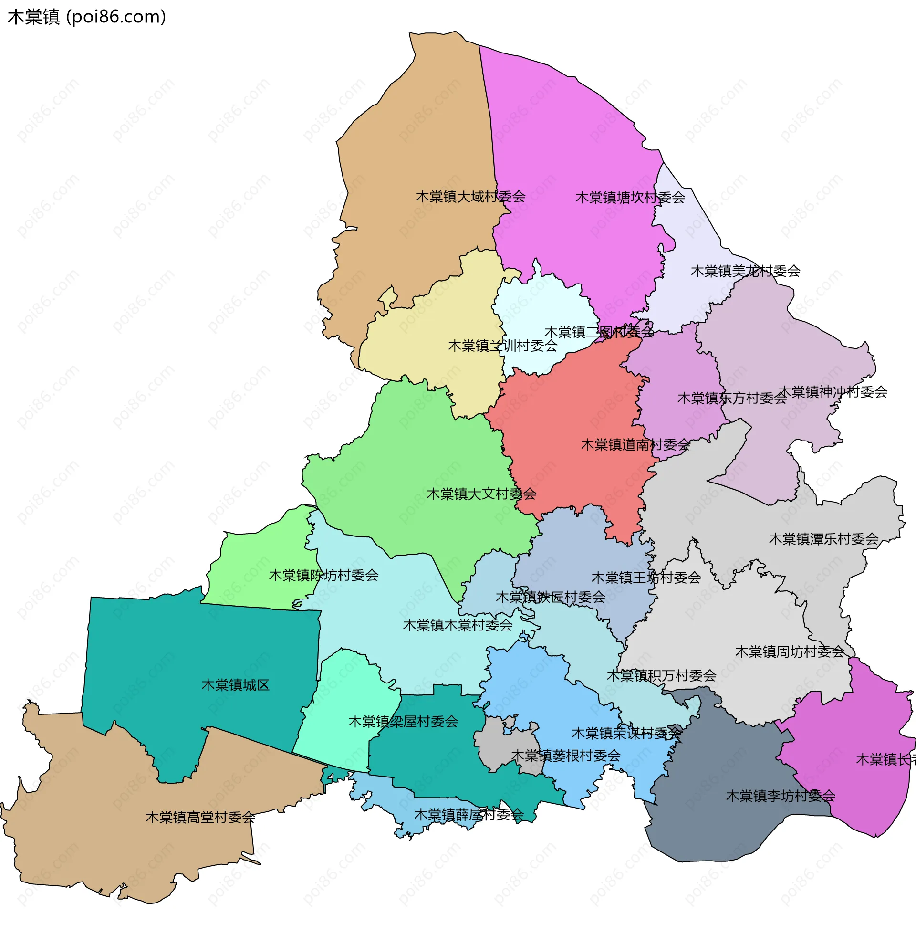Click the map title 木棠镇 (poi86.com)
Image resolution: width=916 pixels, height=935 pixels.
coord(87,17)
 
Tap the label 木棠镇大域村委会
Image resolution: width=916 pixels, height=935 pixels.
coord(470,196)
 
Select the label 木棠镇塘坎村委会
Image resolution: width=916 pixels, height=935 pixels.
coord(630,197)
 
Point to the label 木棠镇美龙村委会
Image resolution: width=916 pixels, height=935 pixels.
coord(745,271)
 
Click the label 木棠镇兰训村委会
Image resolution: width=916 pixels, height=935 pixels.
coord(502,346)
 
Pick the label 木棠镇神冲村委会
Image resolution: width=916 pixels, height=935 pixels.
coord(833,392)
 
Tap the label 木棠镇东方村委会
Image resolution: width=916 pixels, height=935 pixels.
coord(732,398)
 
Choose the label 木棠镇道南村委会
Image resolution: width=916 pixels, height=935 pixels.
coord(635,445)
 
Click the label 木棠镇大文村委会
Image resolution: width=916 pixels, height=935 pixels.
coord(481,494)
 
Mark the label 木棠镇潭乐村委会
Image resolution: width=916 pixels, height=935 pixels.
coord(823,539)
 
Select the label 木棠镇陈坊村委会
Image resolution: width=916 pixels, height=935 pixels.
coord(323,575)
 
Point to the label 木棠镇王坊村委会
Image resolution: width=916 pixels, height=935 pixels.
coord(645,578)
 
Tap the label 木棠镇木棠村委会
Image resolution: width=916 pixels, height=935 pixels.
coord(458,625)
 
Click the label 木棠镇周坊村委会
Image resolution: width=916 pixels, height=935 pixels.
coord(790,651)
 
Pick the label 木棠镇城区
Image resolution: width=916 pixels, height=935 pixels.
coord(235,685)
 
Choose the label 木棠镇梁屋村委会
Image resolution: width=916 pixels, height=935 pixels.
coord(403,721)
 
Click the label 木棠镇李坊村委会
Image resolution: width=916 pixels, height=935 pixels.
coord(781,796)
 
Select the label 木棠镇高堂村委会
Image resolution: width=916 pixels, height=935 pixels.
coord(200,817)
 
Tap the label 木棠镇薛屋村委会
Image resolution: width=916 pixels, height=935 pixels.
coord(468,815)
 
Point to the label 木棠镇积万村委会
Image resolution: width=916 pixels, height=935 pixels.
coord(662,676)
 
